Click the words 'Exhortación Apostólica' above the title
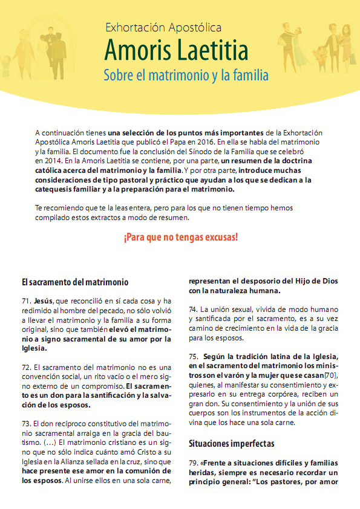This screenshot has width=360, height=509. tap(163, 27)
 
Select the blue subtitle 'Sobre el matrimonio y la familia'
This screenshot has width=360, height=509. tap(186, 76)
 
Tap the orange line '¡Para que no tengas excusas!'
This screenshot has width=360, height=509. tap(181, 236)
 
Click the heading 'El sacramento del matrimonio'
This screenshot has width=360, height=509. tap(74, 282)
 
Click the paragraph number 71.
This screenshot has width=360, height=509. tap(25, 301)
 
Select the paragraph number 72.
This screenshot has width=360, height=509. tap(25, 367)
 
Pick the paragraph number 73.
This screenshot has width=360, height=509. tap(25, 425)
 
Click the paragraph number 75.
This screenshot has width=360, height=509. tap(194, 357)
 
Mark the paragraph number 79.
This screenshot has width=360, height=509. tap(194, 463)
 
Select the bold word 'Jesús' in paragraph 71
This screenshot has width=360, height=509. tap(43, 301)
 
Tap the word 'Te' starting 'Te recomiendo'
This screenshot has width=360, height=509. tap(39, 207)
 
